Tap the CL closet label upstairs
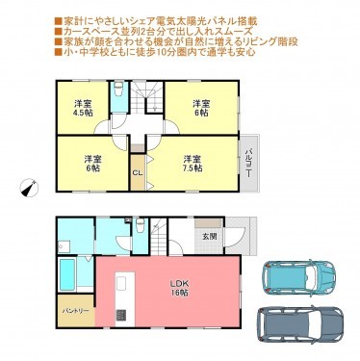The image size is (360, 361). point(137,173)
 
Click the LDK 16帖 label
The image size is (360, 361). point(180,288)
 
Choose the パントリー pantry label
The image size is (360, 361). point(76,311)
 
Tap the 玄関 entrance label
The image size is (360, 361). point(210,236)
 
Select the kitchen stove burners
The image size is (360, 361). point(120,315)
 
